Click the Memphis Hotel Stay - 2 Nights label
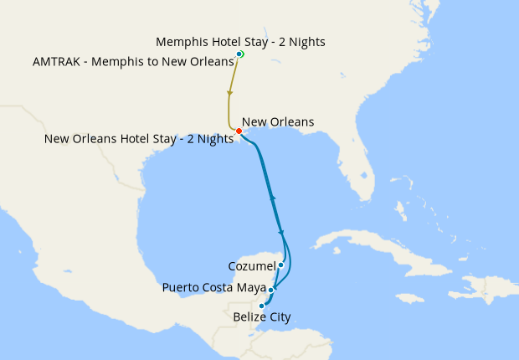coord(241,41)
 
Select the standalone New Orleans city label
coord(278,122)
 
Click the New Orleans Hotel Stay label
coord(138,139)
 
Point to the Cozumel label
coord(251,266)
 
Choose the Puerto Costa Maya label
coord(213,289)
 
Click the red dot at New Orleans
coord(239,131)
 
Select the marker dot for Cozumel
coord(281,265)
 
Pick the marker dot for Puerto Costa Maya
coord(271,290)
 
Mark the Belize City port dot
coord(262,306)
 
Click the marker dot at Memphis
coord(240,54)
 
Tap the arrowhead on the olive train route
coord(229,93)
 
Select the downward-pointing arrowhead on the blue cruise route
coord(281,233)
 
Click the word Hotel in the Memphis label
coord(223,41)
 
